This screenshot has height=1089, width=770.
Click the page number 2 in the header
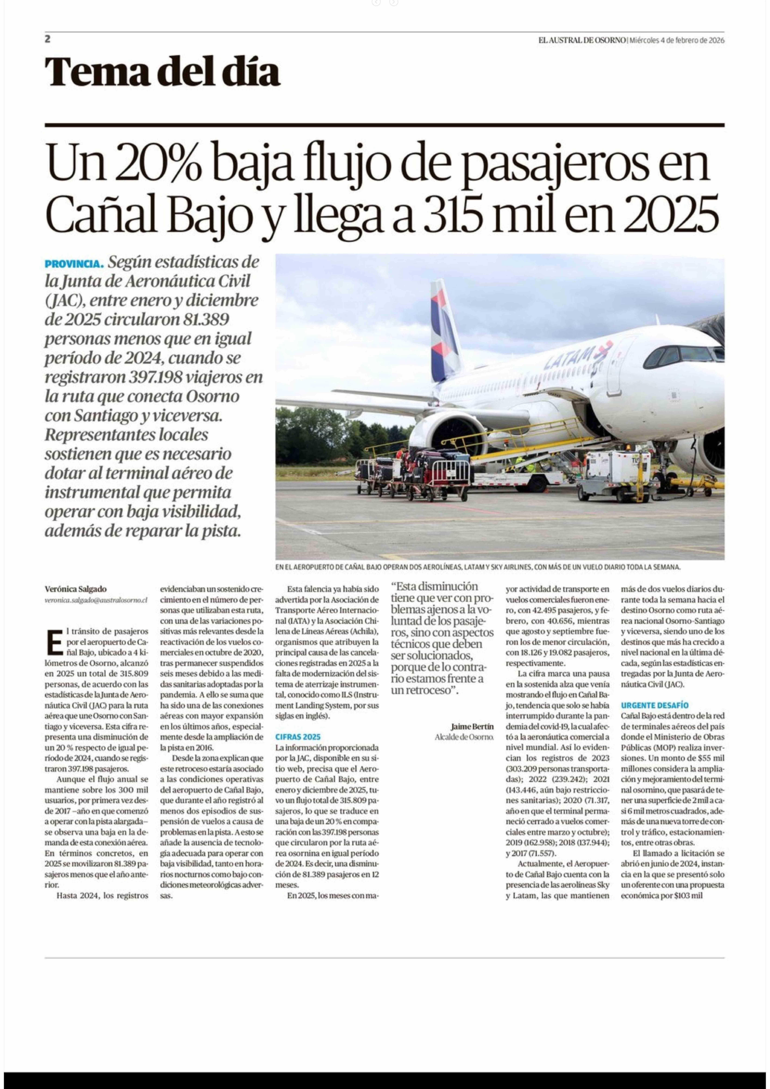(47, 39)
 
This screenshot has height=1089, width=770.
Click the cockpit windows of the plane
(683, 355)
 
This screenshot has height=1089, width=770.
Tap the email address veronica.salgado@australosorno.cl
(96, 600)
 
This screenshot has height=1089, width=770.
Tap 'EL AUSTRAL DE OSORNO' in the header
(582, 40)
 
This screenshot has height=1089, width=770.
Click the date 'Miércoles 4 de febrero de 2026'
(677, 40)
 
